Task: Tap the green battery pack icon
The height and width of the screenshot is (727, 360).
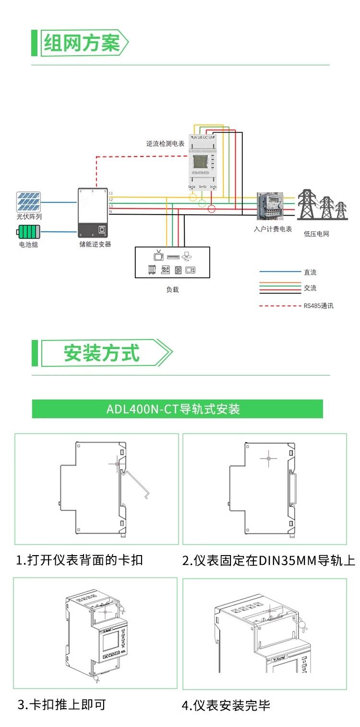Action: (29, 233)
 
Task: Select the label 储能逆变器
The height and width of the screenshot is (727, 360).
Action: (95, 244)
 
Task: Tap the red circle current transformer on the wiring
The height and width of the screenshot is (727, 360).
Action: (212, 208)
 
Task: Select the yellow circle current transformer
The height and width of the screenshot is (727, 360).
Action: (192, 197)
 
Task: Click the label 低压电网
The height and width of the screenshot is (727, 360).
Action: (317, 234)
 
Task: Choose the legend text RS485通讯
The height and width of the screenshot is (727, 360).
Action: (318, 305)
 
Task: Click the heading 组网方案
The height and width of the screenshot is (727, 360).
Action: (82, 44)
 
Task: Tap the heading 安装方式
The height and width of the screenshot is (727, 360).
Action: (102, 353)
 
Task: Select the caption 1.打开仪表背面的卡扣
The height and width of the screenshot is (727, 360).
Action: (80, 560)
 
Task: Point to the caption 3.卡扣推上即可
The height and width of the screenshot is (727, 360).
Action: (61, 704)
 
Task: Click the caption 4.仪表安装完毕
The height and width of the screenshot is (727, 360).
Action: (226, 705)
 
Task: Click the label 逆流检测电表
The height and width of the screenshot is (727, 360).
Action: (165, 144)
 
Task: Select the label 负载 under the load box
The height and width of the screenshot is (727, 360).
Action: (172, 290)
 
